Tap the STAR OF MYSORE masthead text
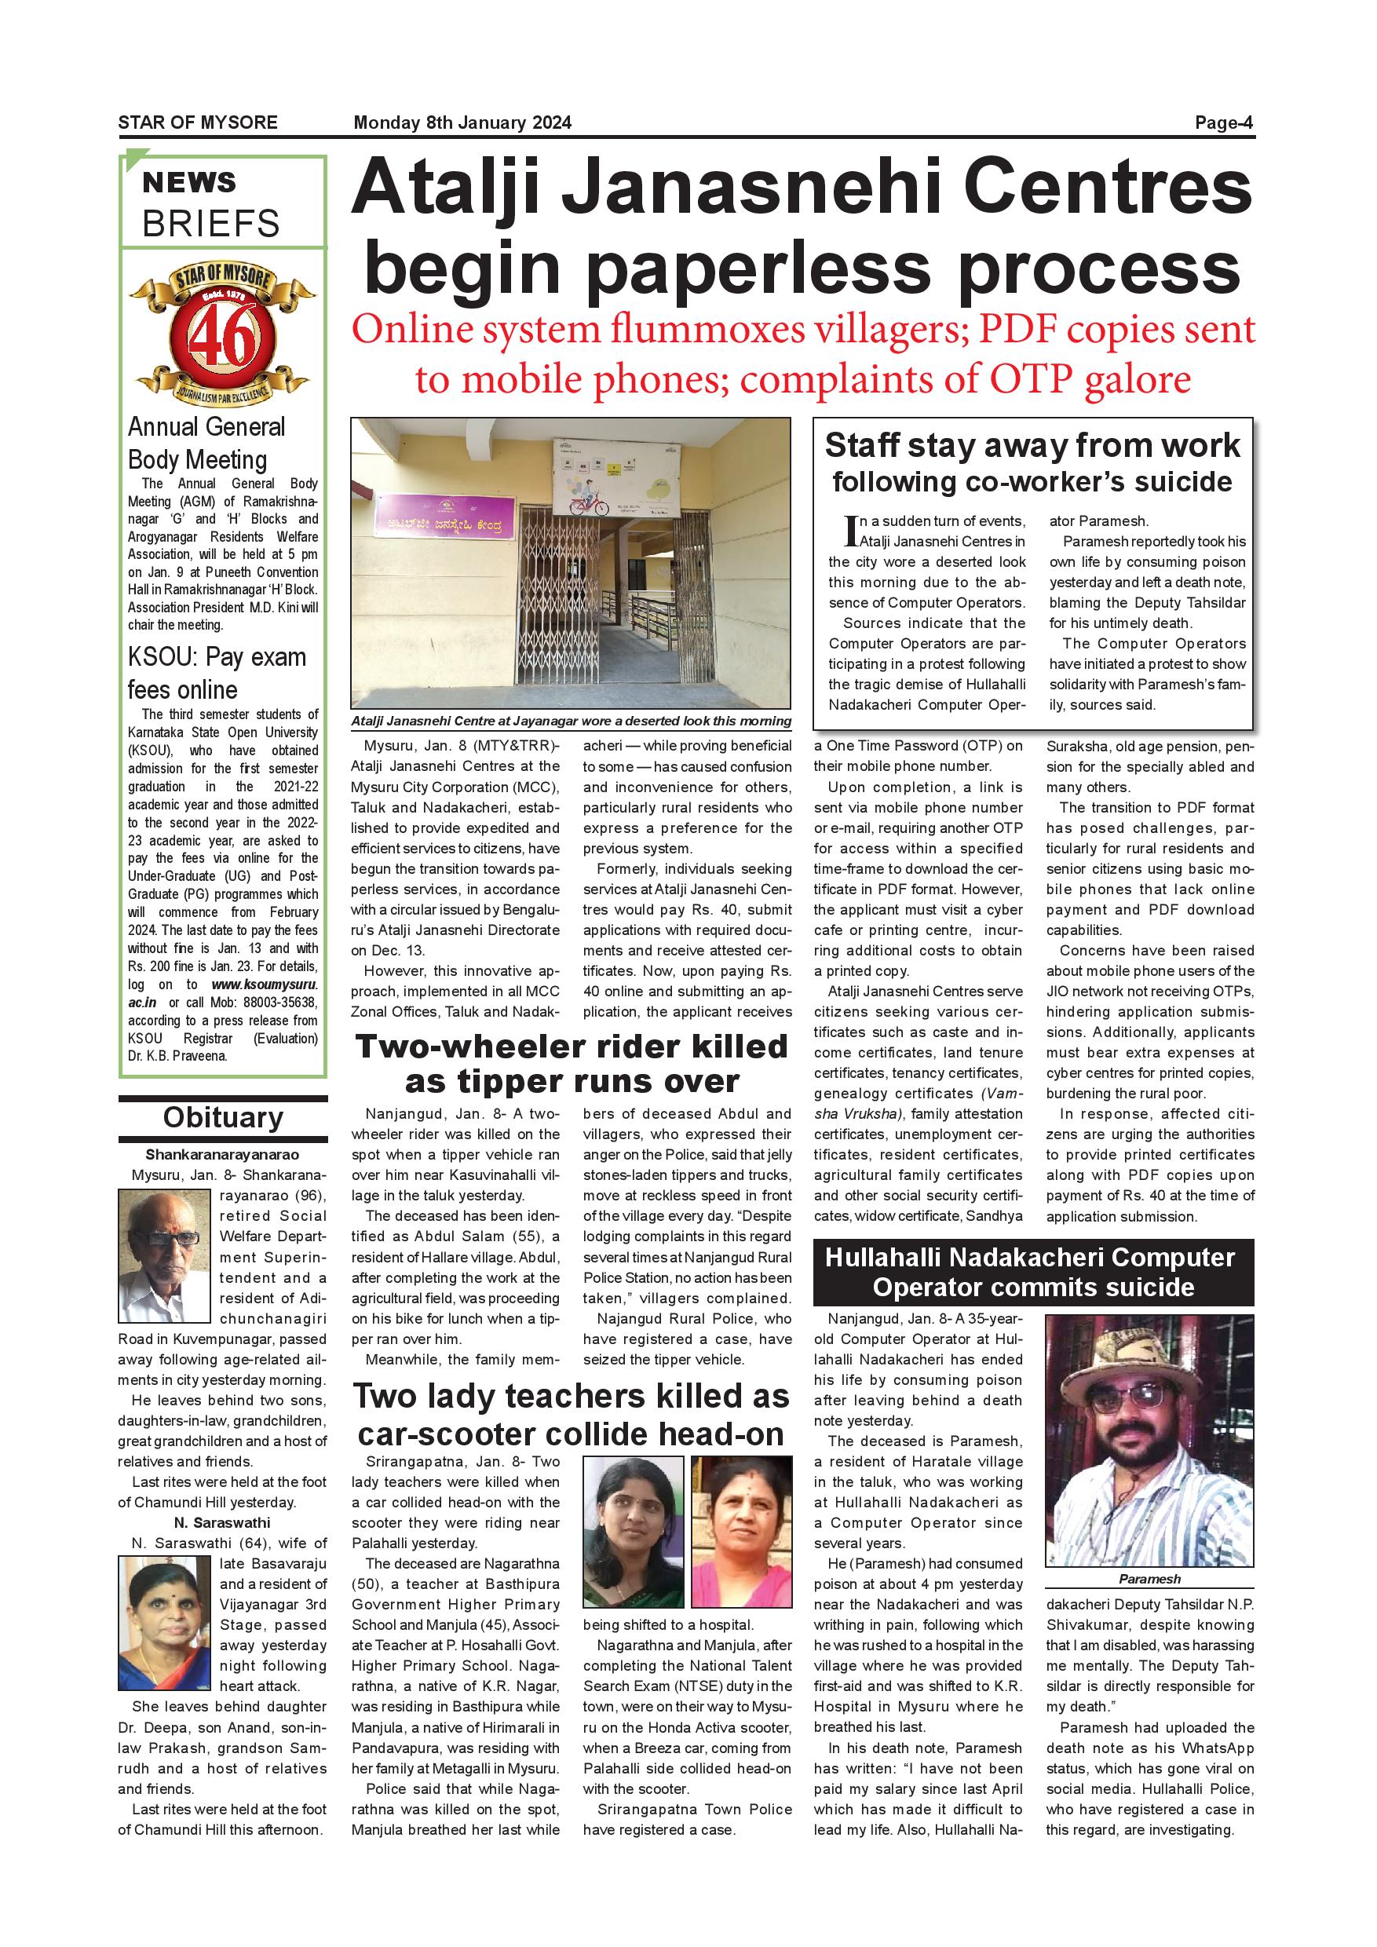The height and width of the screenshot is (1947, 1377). (198, 123)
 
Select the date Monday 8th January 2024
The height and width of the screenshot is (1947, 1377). (462, 123)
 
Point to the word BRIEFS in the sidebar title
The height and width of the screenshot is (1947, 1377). (210, 224)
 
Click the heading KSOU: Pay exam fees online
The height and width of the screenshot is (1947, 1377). (216, 674)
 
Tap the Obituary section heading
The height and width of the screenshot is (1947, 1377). (223, 1118)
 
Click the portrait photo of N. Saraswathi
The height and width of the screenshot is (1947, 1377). (163, 1624)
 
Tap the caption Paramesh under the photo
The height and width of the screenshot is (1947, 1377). (1149, 1579)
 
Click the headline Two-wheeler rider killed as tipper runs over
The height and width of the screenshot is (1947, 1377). (572, 1063)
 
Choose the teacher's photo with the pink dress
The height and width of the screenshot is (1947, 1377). (741, 1532)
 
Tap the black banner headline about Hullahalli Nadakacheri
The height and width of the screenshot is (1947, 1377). (1033, 1272)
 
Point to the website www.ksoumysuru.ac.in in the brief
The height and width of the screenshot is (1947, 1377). (264, 984)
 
